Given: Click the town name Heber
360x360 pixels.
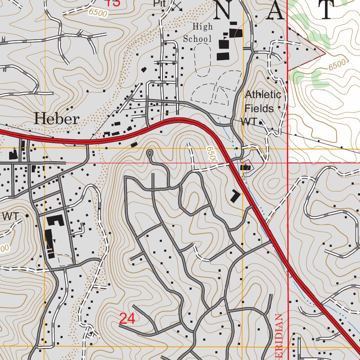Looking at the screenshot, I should tap(57, 119).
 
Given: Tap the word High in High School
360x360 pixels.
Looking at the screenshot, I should tap(202, 27).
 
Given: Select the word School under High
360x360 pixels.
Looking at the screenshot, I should tap(198, 39).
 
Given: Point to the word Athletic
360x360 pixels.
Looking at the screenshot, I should tap(263, 95).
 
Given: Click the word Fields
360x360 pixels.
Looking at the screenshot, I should tap(259, 108).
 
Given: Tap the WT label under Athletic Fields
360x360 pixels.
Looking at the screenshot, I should tap(249, 122).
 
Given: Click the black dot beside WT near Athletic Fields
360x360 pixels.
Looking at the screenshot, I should tap(261, 123).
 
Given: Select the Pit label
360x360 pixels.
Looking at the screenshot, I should tap(159, 4).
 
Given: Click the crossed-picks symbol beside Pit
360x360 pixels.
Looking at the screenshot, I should tap(177, 6).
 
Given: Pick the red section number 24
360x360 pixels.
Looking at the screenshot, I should tap(127, 319).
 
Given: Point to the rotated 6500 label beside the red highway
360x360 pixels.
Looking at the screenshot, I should tap(212, 154).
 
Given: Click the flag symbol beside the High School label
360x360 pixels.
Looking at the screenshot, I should tap(225, 36).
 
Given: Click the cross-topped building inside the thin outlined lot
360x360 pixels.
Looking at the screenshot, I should tap(245, 167).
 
